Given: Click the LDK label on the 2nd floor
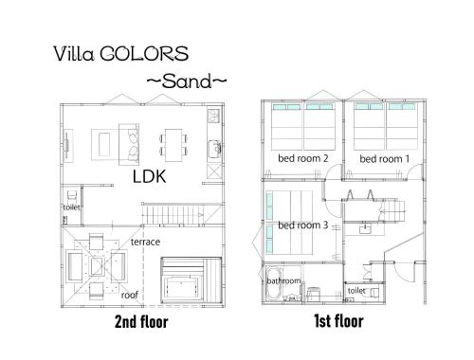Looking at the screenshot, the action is (149, 176).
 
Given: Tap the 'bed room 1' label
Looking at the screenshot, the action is (385, 159).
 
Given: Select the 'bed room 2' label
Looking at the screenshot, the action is (303, 158).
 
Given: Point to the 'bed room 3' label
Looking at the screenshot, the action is (303, 225).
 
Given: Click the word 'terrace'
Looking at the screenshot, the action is (145, 242).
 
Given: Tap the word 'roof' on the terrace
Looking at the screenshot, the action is (130, 295).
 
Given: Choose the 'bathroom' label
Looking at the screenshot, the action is (283, 280).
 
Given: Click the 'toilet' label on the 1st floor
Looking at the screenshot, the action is (356, 290).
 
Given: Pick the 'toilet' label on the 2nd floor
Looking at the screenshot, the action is (71, 207).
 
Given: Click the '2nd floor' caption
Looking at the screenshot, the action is (141, 322).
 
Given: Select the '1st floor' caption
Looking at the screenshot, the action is (338, 321).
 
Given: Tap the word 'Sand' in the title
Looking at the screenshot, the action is (187, 81).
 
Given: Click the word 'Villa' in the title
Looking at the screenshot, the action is (74, 54).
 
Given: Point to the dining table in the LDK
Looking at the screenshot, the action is (173, 145).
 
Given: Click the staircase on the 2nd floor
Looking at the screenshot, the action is (182, 215).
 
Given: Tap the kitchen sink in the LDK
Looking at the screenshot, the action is (215, 149).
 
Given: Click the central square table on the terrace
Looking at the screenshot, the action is (97, 266).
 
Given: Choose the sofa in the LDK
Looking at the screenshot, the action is (129, 144).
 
